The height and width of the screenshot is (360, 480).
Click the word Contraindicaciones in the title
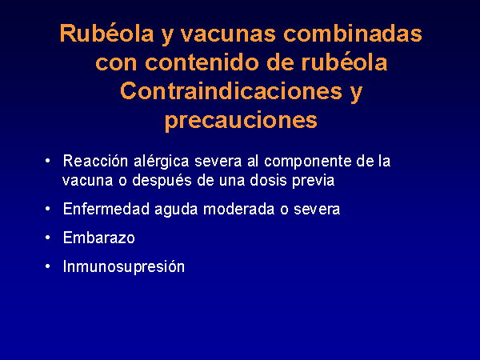231,91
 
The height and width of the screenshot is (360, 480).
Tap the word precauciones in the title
241,121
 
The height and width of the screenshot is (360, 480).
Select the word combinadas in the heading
353,33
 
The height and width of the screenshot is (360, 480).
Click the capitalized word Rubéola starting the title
106,33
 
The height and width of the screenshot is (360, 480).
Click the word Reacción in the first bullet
95,161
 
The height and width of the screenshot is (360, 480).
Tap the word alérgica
161,162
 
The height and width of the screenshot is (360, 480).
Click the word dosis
268,180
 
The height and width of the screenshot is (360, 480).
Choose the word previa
313,181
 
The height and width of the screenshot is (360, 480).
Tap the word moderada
238,209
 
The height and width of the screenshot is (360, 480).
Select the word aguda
176,210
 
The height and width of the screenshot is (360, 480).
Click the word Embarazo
98,238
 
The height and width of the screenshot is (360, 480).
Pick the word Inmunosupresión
124,266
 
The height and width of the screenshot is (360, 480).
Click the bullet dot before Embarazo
47,238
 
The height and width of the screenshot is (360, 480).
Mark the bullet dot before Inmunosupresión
47,266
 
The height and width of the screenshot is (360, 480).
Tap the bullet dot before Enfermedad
47,209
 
